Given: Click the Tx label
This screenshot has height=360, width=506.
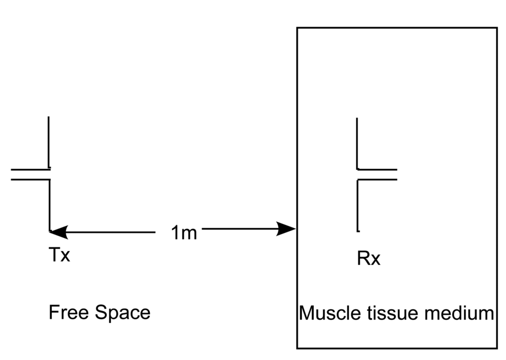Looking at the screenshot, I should [59, 255].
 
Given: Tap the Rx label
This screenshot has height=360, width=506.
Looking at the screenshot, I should [369, 258].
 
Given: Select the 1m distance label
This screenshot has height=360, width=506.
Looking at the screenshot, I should [184, 232].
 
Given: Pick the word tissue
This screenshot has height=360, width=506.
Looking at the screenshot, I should [390, 313].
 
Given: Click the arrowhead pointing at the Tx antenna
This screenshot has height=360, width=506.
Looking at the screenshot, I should [58, 231].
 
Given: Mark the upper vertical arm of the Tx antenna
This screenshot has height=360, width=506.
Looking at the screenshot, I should [49, 142].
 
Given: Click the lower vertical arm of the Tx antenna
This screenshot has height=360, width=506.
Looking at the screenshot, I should [50, 205].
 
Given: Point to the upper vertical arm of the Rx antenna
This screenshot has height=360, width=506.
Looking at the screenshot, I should [357, 143].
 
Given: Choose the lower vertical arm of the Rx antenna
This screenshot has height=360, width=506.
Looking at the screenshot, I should [357, 205].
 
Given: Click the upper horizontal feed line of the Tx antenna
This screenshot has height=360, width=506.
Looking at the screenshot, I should [30, 170].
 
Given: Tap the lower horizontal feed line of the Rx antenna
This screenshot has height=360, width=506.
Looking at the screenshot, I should [377, 179].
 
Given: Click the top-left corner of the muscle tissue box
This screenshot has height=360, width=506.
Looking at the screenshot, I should [297, 28].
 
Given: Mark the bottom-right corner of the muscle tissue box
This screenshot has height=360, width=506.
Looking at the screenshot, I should [497, 348].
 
